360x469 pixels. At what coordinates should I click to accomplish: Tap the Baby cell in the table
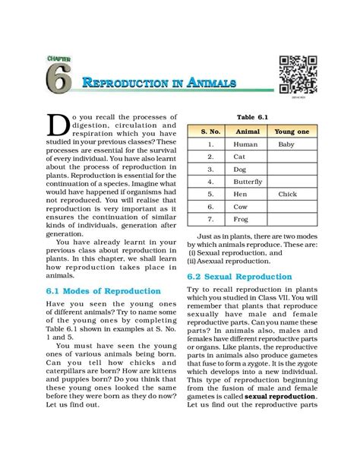coord(286,144)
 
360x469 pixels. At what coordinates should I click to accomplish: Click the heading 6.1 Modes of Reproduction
coord(103,291)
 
